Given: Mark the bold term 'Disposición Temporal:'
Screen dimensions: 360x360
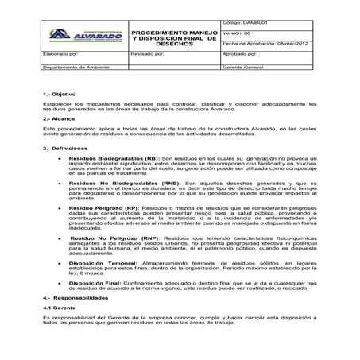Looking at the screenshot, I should tap(102, 262).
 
